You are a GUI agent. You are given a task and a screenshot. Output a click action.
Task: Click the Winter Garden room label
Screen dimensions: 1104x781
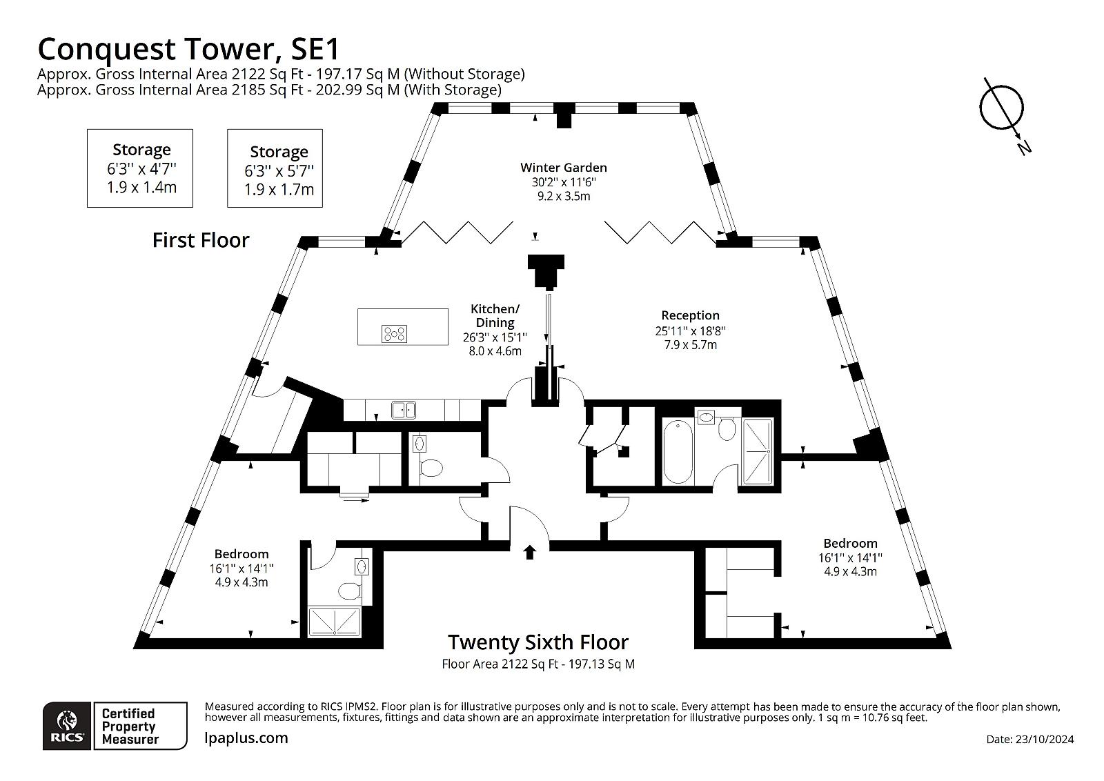[563, 168]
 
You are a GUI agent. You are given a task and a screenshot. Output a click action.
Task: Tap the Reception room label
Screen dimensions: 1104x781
[690, 315]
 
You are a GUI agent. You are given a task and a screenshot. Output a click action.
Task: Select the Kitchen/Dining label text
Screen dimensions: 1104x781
[495, 316]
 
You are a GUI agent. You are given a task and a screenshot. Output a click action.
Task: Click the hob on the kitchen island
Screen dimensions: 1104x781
[394, 334]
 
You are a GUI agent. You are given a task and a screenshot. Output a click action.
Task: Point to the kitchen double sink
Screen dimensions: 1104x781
[404, 409]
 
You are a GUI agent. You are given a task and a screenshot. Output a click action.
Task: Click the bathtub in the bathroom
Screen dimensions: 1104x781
[678, 451]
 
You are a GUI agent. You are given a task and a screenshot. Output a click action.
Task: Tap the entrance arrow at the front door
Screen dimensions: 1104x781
[529, 553]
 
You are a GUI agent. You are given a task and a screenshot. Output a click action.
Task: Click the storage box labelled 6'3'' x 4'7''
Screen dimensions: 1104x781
[140, 168]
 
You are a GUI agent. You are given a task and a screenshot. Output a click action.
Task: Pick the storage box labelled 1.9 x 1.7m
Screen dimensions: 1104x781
[275, 168]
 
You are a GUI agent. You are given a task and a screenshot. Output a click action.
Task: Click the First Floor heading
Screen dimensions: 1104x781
[201, 241]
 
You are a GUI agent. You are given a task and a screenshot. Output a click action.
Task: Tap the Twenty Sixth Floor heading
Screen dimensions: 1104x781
[538, 642]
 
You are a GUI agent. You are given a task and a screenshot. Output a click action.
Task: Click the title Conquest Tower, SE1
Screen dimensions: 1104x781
[189, 49]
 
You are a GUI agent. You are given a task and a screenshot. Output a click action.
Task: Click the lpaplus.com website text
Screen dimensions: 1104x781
[246, 738]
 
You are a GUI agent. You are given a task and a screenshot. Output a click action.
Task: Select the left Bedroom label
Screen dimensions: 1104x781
[241, 554]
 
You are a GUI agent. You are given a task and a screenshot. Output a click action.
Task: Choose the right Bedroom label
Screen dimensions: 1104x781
[850, 543]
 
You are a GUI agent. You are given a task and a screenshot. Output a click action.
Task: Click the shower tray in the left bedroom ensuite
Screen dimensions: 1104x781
[334, 622]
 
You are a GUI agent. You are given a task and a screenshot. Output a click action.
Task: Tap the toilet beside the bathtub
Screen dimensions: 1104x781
[727, 429]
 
